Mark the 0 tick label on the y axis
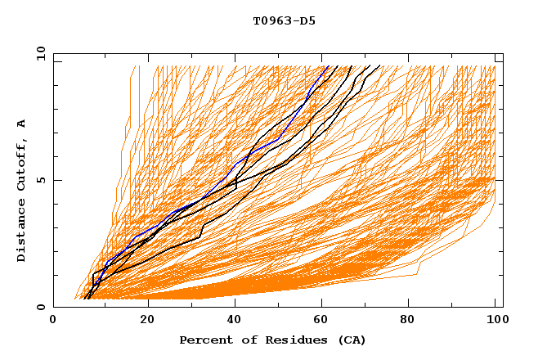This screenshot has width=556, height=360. pyautogui.click(x=40, y=307)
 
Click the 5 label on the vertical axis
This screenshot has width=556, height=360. pyautogui.click(x=40, y=180)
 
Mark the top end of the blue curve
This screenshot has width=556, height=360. pyautogui.click(x=326, y=66)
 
